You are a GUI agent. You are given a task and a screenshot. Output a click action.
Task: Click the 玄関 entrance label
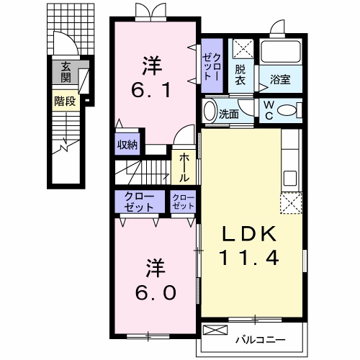(x=66, y=72)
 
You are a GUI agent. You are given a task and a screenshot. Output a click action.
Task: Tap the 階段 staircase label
(x=65, y=101)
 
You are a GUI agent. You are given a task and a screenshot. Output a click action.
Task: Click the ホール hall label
(x=184, y=168)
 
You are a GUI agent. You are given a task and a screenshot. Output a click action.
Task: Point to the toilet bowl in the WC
(x=287, y=111)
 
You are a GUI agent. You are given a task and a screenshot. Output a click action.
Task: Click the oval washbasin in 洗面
(x=210, y=110)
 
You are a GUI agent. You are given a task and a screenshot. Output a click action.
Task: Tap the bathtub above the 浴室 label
(x=281, y=51)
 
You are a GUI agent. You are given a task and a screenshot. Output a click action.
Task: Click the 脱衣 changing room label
(x=240, y=75)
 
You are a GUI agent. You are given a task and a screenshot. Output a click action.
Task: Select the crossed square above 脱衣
(x=243, y=49)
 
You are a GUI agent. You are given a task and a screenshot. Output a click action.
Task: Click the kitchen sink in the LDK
(x=290, y=179)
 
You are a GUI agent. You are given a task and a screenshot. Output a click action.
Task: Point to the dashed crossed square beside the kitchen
(x=291, y=203)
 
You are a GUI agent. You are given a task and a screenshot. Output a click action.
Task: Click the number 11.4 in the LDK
(x=249, y=258)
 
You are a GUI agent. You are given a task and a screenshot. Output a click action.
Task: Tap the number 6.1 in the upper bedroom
(x=151, y=90)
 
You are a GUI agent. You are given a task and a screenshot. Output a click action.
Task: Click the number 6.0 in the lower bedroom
(x=156, y=292)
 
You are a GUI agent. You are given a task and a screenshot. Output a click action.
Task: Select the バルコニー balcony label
(x=261, y=340)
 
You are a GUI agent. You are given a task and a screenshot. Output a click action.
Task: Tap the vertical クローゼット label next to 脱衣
(x=211, y=66)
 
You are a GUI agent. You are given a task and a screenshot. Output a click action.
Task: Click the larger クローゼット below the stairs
(x=140, y=202)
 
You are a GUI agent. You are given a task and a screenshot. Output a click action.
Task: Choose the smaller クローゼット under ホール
(x=183, y=202)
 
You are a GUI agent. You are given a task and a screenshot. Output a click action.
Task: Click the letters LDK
(x=249, y=234)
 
